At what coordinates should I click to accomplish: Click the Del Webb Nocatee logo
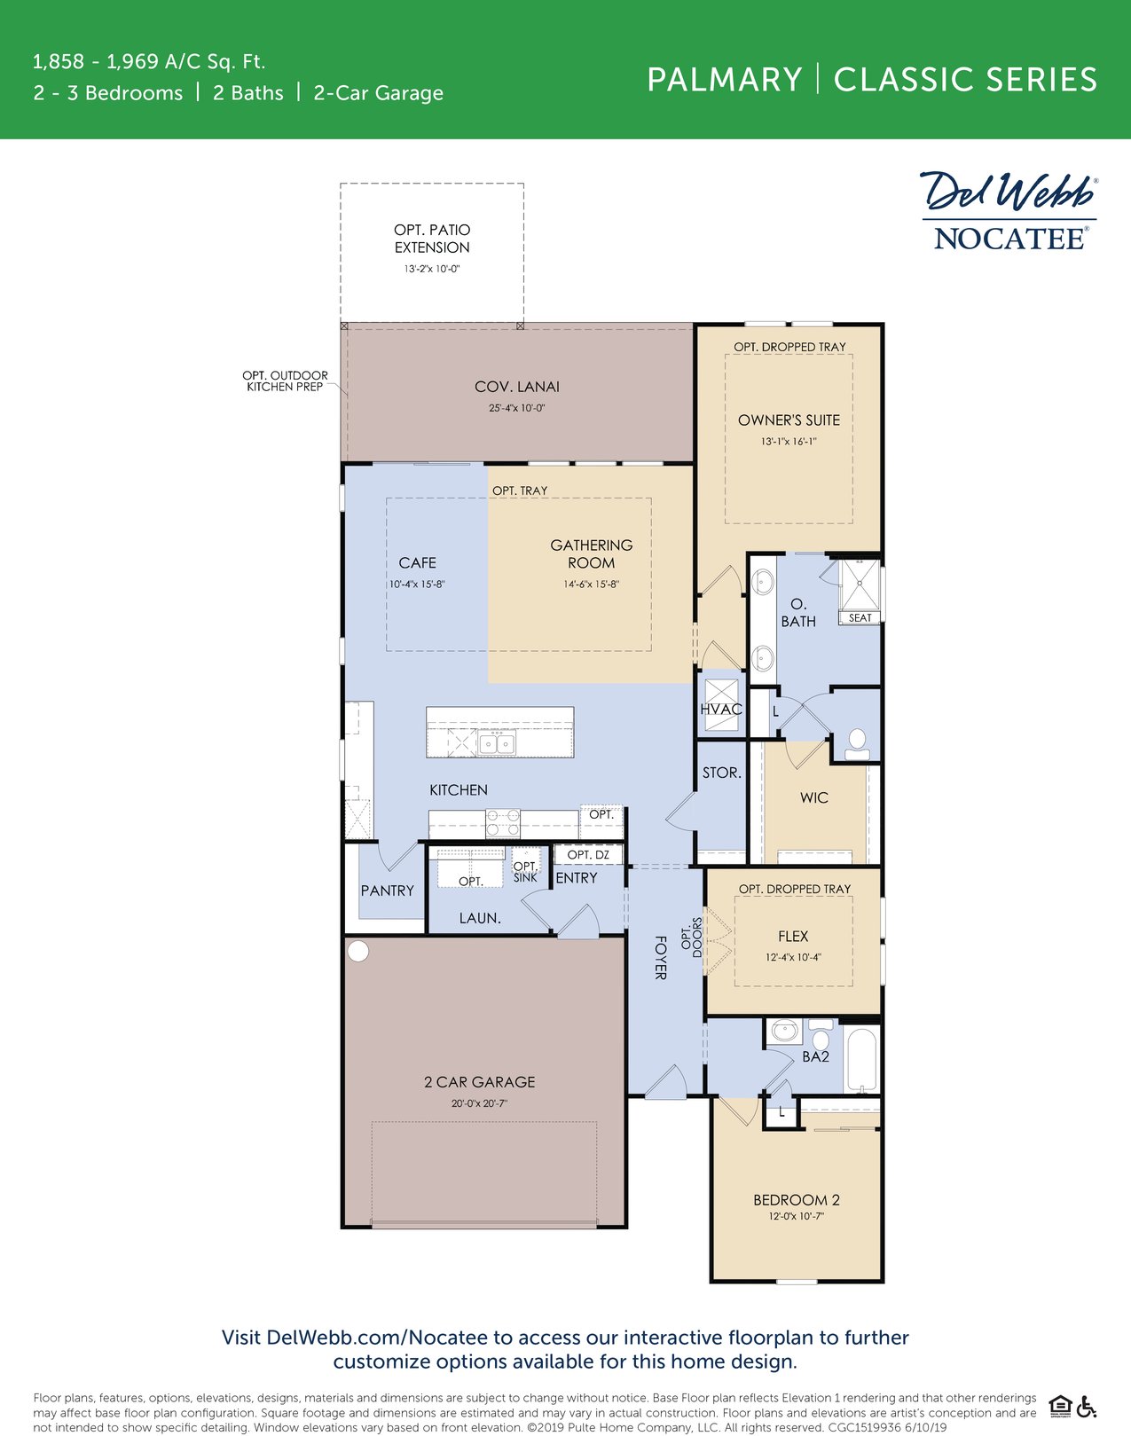pos(1009,211)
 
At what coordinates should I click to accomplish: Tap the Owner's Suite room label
pos(789,420)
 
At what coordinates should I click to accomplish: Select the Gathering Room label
pos(591,554)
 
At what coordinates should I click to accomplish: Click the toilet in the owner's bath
pos(857,742)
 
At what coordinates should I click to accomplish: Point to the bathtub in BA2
pos(861,1060)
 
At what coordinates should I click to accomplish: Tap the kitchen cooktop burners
pos(503,823)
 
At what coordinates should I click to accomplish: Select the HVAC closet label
pos(720,710)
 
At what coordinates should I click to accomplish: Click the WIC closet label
pos(813,798)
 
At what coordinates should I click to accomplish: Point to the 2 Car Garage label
pos(479,1082)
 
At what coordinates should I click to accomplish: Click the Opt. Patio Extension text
pos(432,239)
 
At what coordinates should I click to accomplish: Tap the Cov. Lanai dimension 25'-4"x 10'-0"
pos(516,409)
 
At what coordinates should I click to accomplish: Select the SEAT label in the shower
pos(860,618)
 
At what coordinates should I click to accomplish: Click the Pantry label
pos(387,891)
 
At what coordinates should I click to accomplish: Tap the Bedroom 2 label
pos(796,1200)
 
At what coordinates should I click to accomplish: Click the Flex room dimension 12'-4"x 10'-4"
pos(793,958)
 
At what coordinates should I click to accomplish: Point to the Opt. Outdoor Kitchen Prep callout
pos(286,381)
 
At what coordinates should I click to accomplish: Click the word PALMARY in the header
pos(724,80)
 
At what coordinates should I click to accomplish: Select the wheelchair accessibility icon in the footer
pos(1088,1407)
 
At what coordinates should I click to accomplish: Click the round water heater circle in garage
pos(357,952)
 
